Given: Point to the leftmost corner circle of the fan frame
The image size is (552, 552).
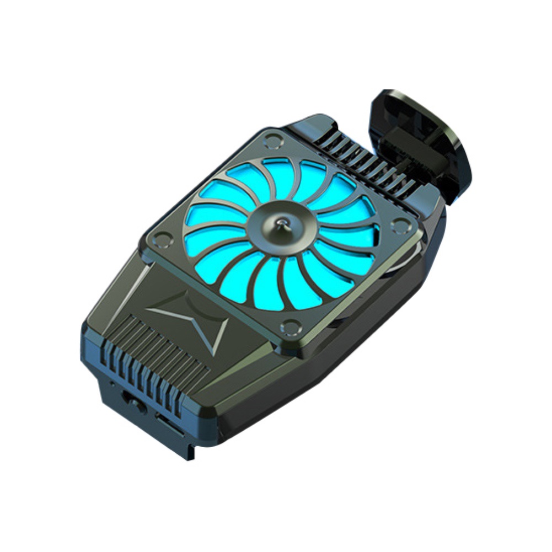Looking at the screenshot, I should pos(160,239).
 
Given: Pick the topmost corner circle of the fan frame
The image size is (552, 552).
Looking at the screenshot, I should pos(271,139).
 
